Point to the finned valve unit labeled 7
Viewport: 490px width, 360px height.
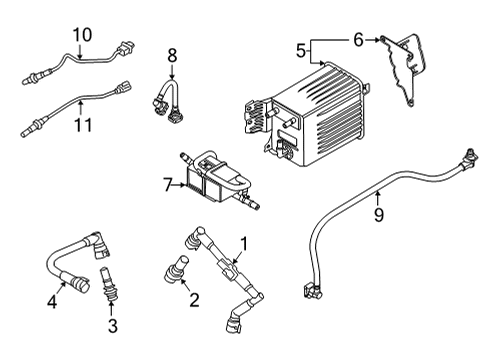click(x=215, y=180)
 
